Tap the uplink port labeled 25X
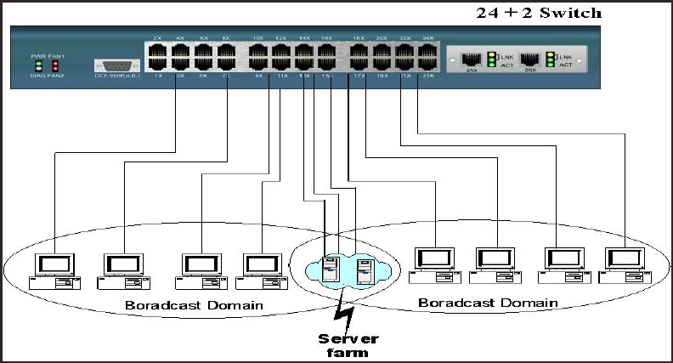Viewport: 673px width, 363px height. (471, 60)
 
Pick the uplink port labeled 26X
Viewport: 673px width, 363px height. (531, 60)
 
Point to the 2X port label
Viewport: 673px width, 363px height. (157, 38)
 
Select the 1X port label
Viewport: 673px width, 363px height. (157, 77)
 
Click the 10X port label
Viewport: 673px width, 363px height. (257, 38)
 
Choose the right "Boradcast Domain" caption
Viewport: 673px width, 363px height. (488, 303)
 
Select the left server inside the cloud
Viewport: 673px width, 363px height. (331, 269)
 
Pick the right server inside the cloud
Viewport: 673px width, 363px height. (364, 271)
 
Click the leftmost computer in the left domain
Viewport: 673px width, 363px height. (50, 268)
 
